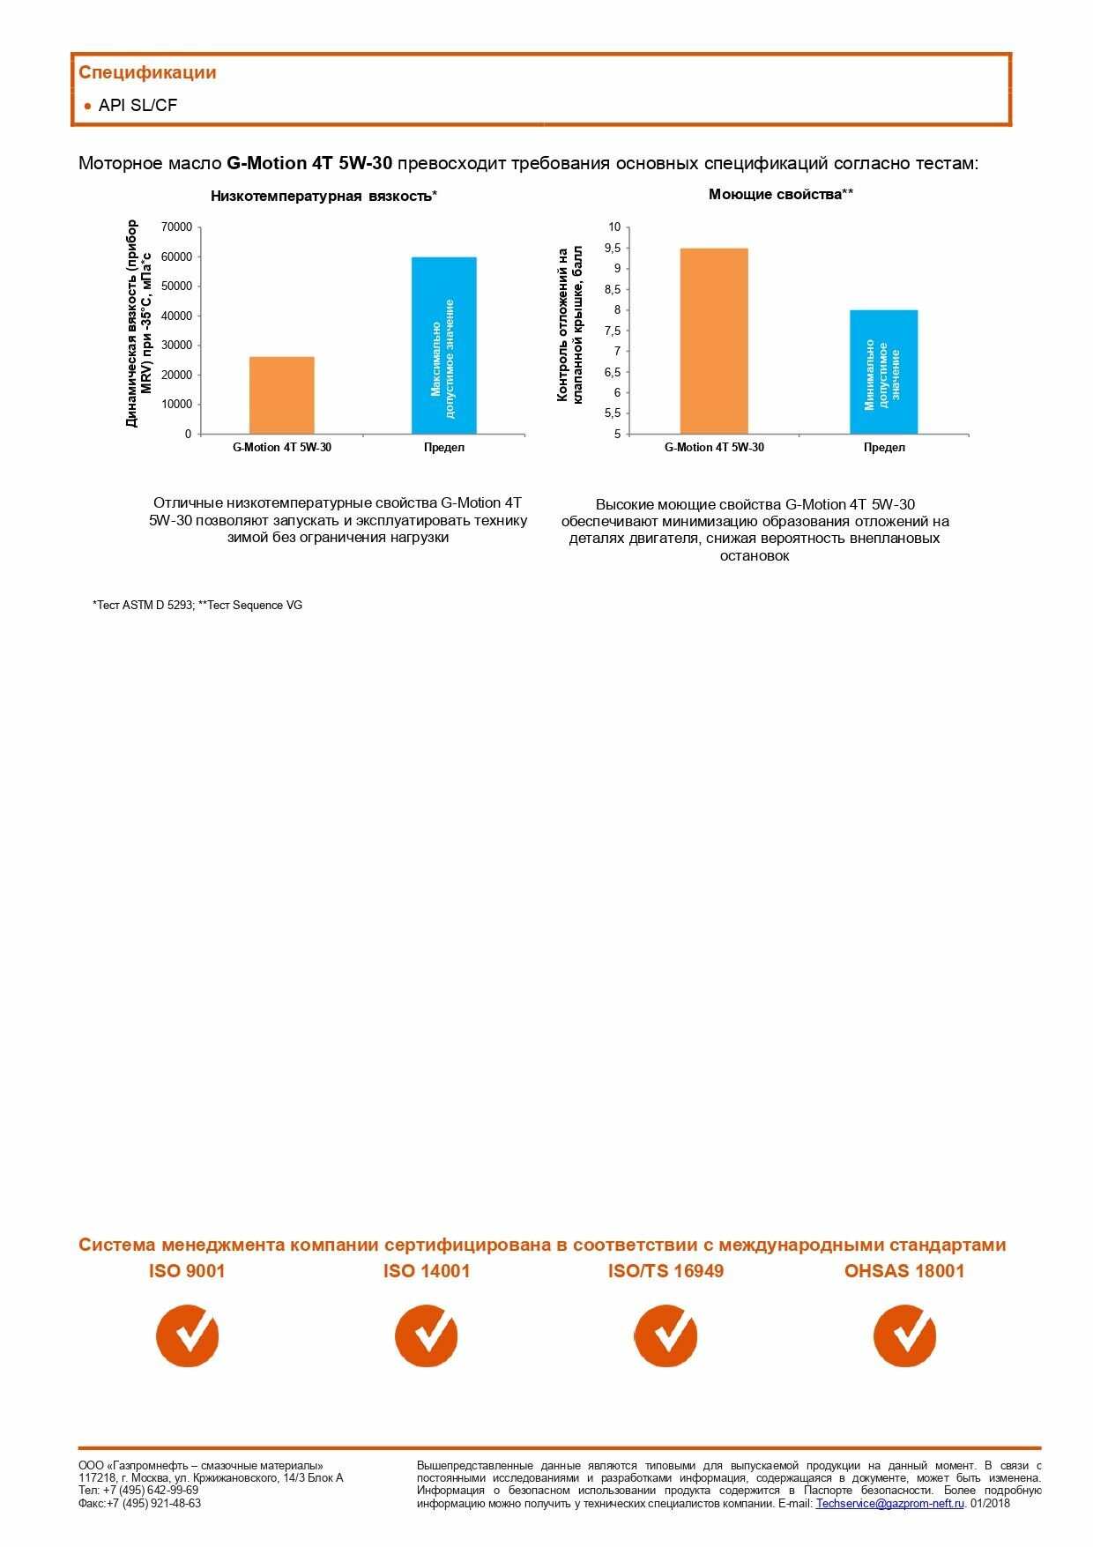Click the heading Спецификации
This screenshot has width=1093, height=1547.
(147, 73)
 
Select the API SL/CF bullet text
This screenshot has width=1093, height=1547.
(138, 106)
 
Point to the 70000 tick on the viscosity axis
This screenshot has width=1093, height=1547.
(176, 227)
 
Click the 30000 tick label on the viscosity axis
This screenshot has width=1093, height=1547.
(176, 346)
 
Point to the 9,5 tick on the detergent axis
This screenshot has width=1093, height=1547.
(613, 249)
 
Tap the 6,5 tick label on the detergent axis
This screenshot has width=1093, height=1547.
(613, 373)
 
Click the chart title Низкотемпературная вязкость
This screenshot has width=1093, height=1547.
(323, 197)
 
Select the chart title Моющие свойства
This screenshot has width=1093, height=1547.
(780, 195)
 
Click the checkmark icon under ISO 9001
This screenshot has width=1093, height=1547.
(188, 1336)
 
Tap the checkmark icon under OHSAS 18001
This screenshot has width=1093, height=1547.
(905, 1336)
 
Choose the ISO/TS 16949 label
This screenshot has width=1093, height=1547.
(665, 1271)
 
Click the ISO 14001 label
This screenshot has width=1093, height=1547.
(427, 1271)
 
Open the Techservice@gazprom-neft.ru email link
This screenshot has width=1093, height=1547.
(889, 1504)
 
